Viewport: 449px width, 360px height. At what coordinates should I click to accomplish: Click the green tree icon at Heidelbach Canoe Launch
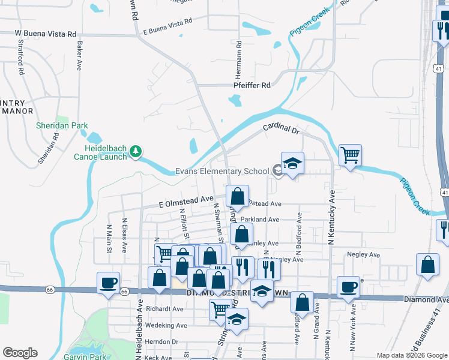(x=136, y=151)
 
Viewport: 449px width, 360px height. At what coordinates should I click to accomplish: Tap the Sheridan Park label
(x=62, y=125)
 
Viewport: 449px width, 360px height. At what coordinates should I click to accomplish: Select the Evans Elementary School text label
(x=222, y=171)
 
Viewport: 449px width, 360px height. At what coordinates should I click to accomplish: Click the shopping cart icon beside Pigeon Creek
(x=351, y=155)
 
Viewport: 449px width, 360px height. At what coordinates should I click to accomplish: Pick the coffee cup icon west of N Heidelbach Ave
(x=109, y=283)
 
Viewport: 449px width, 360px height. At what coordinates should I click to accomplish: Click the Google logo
(x=20, y=353)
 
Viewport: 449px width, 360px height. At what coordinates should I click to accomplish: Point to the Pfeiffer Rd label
(x=252, y=85)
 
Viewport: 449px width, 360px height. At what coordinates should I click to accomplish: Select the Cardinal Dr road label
(x=280, y=128)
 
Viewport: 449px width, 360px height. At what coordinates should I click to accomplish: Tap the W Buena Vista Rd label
(x=46, y=34)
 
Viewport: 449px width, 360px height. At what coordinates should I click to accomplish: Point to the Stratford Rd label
(x=21, y=58)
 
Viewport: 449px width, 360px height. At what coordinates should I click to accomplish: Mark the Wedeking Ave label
(x=166, y=325)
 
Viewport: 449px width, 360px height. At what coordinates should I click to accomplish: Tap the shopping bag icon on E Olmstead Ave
(x=238, y=196)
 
